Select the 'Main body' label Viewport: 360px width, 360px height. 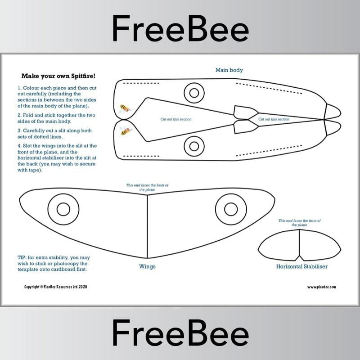229,70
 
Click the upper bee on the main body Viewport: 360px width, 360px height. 125,108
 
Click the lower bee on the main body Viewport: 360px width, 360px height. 125,131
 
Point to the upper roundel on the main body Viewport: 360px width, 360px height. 194,93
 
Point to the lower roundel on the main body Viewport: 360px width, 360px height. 194,145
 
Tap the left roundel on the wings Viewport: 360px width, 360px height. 63,209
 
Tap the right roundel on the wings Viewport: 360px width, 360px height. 231,209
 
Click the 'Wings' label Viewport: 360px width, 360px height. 147,266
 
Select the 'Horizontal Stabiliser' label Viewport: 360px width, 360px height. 301,266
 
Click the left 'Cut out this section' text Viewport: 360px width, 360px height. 176,119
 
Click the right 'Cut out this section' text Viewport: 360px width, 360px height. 274,119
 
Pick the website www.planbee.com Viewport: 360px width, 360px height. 321,287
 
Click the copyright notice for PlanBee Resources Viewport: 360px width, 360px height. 55,287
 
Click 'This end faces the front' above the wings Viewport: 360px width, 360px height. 148,187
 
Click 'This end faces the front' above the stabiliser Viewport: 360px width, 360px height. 299,223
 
